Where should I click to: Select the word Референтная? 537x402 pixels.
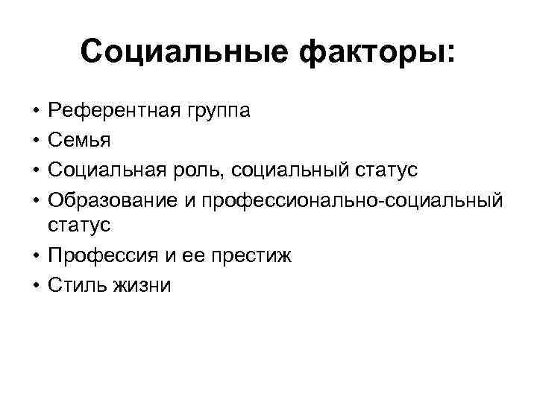pyautogui.click(x=111, y=112)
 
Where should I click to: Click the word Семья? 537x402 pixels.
pyautogui.click(x=78, y=141)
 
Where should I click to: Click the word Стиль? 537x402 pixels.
pyautogui.click(x=75, y=285)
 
